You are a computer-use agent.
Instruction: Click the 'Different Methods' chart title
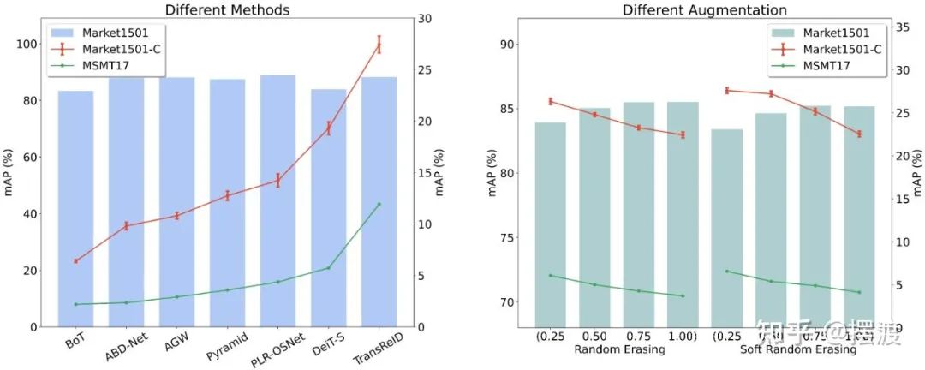tap(227, 10)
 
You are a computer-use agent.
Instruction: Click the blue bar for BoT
tap(75, 214)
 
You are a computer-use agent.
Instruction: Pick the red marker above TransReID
tap(379, 45)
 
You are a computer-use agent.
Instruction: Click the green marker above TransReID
tap(379, 204)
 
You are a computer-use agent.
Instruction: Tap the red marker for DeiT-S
tap(329, 128)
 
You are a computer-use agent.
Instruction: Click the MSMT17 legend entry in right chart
tap(827, 64)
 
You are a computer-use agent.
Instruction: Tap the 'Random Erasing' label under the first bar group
tap(610, 350)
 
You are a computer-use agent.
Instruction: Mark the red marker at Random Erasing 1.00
tap(683, 134)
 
